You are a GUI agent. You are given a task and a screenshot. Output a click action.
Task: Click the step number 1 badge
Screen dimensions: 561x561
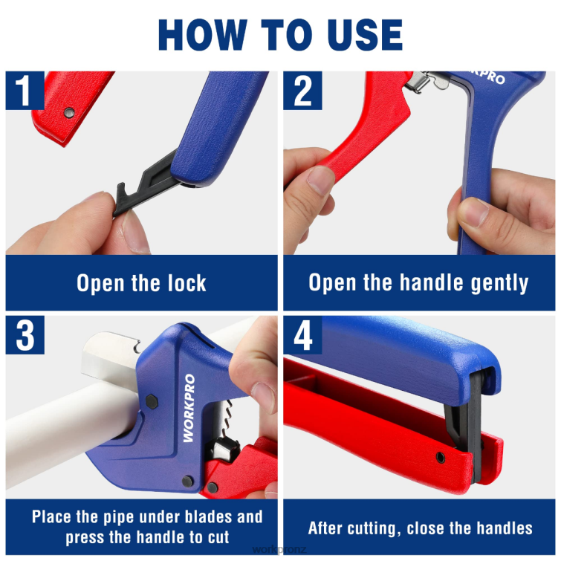click(x=25, y=91)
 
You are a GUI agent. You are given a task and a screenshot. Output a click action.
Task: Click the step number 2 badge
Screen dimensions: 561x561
click(x=302, y=91)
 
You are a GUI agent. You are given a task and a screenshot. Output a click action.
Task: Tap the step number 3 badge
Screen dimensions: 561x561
click(x=25, y=335)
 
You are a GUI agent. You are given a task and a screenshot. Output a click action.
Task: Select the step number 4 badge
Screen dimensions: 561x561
click(x=302, y=335)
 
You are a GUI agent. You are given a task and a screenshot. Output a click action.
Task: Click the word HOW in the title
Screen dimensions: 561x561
click(x=201, y=35)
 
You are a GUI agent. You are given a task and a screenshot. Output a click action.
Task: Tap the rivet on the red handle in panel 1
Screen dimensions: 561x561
click(x=69, y=113)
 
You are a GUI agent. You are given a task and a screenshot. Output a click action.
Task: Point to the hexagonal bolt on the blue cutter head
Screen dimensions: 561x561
click(x=152, y=402)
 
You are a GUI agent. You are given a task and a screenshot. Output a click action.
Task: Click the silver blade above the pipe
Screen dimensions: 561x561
click(x=111, y=348)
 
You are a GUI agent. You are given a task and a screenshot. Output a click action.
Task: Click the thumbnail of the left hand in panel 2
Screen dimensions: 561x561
click(x=322, y=181)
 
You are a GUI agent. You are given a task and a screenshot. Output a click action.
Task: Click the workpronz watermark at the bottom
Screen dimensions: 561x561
click(x=280, y=551)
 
